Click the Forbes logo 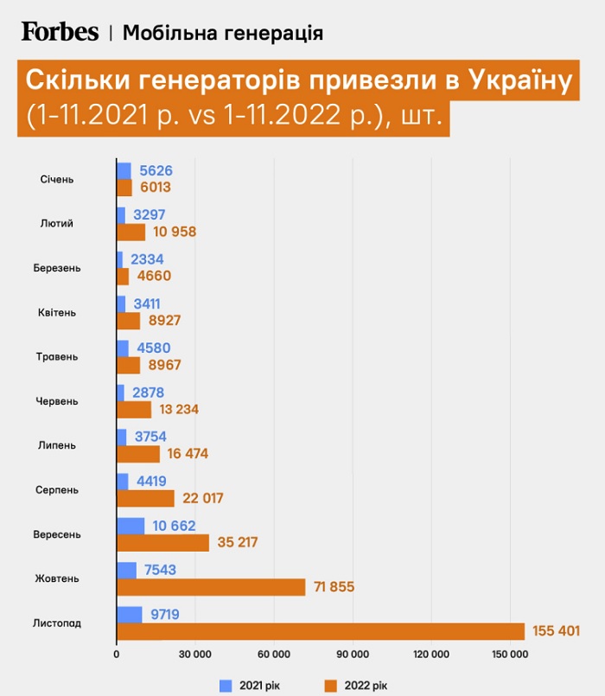click(x=60, y=32)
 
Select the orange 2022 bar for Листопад click(x=320, y=631)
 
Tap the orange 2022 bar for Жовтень click(x=211, y=587)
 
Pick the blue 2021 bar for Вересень click(x=131, y=526)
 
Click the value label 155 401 click(x=556, y=631)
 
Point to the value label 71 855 click(x=332, y=587)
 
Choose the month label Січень click(x=57, y=179)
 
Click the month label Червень click(x=57, y=401)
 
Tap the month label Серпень click(x=57, y=490)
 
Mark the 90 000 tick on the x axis click(x=353, y=654)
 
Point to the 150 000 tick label click(x=509, y=654)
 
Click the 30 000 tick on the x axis click(x=195, y=654)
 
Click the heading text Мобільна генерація click(x=223, y=33)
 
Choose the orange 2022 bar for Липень click(x=138, y=454)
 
